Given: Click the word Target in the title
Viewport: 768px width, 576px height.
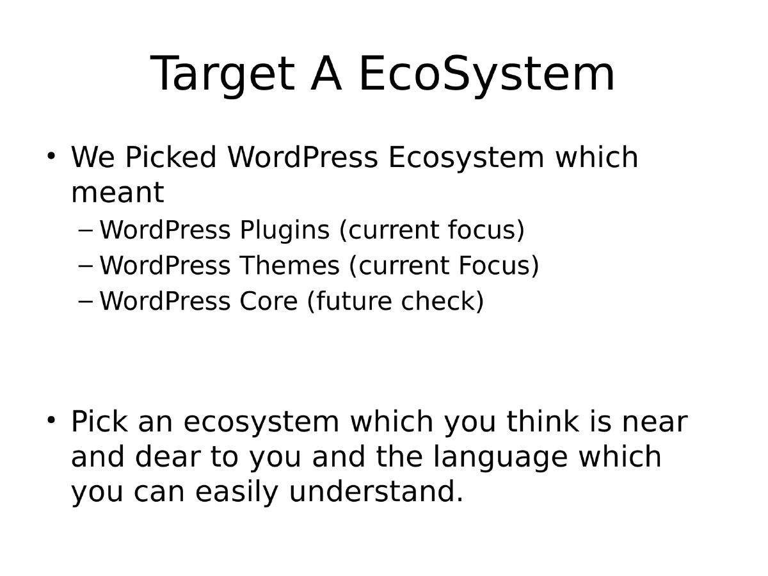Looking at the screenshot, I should pos(222,75).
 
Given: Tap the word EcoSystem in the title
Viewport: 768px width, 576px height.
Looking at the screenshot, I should pos(486,75).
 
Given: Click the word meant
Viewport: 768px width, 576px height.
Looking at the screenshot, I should pos(117,193).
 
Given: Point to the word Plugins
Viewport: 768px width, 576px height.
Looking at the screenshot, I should pos(285,230).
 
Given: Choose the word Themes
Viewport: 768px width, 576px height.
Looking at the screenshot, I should pos(290,266).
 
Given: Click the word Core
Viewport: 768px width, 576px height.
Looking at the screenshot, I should pos(269,301).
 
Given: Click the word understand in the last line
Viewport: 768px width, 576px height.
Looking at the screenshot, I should pos(376,492).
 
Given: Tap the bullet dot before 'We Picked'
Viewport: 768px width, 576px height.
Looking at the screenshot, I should pos(51,156).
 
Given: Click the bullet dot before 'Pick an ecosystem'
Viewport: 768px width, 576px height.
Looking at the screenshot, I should pos(51,420).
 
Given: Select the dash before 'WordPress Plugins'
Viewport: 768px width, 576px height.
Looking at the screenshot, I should pos(86,230).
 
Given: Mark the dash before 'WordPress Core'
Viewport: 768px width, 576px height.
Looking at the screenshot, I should pos(86,301).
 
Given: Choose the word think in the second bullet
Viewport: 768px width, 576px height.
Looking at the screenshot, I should pos(543,422).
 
